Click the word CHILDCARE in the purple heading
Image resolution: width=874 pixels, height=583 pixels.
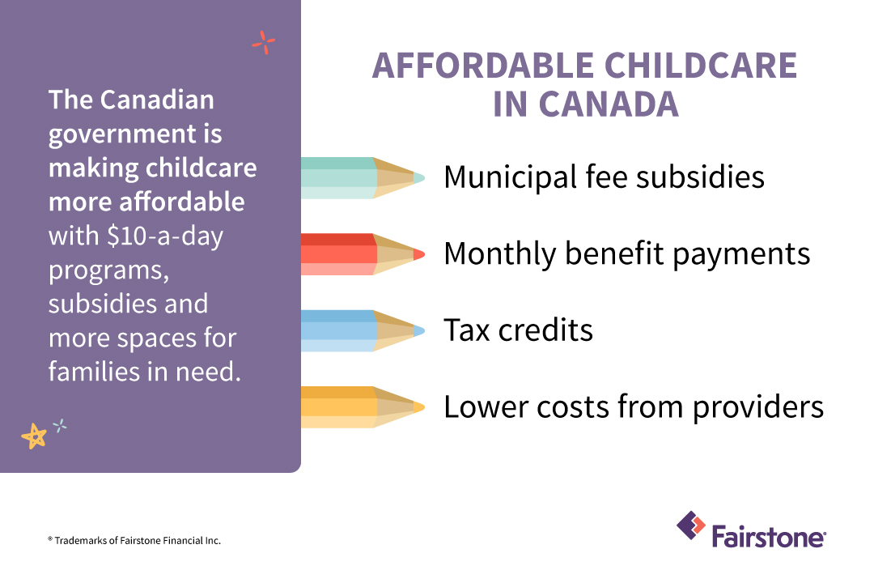click(x=701, y=66)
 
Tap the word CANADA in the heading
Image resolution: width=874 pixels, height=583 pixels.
click(x=609, y=104)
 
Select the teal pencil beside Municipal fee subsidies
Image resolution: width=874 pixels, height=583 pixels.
click(x=363, y=178)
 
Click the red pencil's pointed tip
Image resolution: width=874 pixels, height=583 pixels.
click(x=424, y=254)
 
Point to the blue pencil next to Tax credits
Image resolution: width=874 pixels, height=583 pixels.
click(x=363, y=331)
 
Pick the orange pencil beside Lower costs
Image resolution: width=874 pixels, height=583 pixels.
click(x=363, y=407)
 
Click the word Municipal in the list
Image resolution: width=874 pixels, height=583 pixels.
click(x=510, y=178)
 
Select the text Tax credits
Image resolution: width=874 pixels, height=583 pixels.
click(x=519, y=330)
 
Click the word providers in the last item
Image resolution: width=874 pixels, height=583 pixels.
click(x=758, y=407)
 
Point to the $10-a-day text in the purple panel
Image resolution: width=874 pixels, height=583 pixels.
click(x=165, y=236)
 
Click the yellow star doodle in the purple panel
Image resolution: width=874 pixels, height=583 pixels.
click(x=34, y=436)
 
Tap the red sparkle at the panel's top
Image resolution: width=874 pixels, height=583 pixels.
click(x=264, y=42)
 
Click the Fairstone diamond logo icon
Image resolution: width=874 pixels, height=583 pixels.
click(x=691, y=526)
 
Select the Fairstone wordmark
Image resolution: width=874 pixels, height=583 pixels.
click(x=769, y=537)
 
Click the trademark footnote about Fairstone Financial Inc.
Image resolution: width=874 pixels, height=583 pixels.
click(x=134, y=541)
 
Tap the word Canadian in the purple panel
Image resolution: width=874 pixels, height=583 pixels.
click(x=157, y=100)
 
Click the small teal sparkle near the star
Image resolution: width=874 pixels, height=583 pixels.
click(x=60, y=426)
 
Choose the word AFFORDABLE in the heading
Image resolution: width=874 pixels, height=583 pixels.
click(x=483, y=66)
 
